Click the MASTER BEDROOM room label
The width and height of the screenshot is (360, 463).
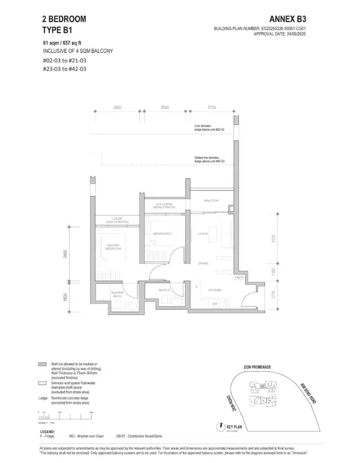113,247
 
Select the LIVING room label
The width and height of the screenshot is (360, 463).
202,234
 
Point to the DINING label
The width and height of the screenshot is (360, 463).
203,263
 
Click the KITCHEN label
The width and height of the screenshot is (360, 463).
215,291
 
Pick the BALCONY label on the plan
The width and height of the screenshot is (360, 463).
211,200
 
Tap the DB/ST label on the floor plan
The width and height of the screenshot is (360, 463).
239,277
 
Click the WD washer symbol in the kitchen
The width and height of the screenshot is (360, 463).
215,304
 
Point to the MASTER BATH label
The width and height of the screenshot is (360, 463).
117,295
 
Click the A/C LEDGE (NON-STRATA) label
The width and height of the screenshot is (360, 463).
165,206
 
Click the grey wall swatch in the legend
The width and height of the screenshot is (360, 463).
43,364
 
